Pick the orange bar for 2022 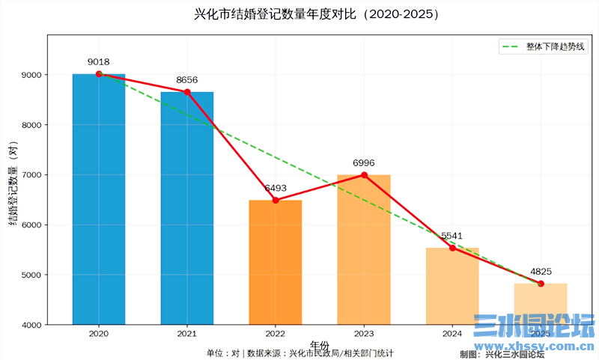click(x=276, y=262)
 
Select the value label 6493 click(x=276, y=189)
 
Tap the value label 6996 click(x=364, y=163)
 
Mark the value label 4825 click(x=541, y=272)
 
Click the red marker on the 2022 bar click(x=276, y=200)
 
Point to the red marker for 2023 click(x=364, y=175)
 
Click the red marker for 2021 click(x=187, y=92)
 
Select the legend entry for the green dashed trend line click(x=544, y=46)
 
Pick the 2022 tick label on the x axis click(x=276, y=333)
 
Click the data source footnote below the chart click(x=300, y=353)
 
